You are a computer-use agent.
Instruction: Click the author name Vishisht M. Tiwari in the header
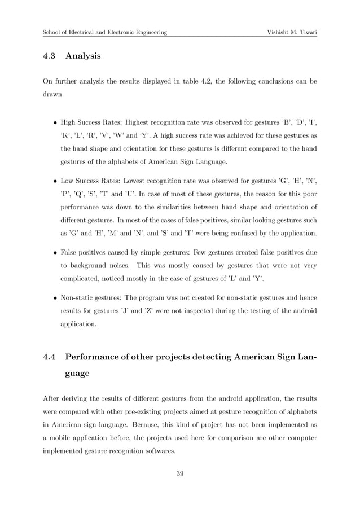coord(292,32)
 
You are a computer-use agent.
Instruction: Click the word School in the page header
coord(53,32)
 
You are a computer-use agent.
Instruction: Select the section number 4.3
coord(50,56)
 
